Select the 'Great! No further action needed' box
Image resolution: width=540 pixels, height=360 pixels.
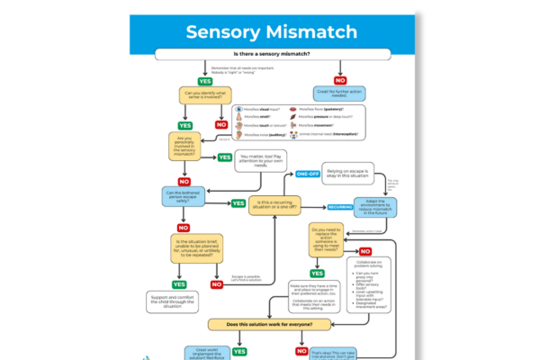click(341, 93)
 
